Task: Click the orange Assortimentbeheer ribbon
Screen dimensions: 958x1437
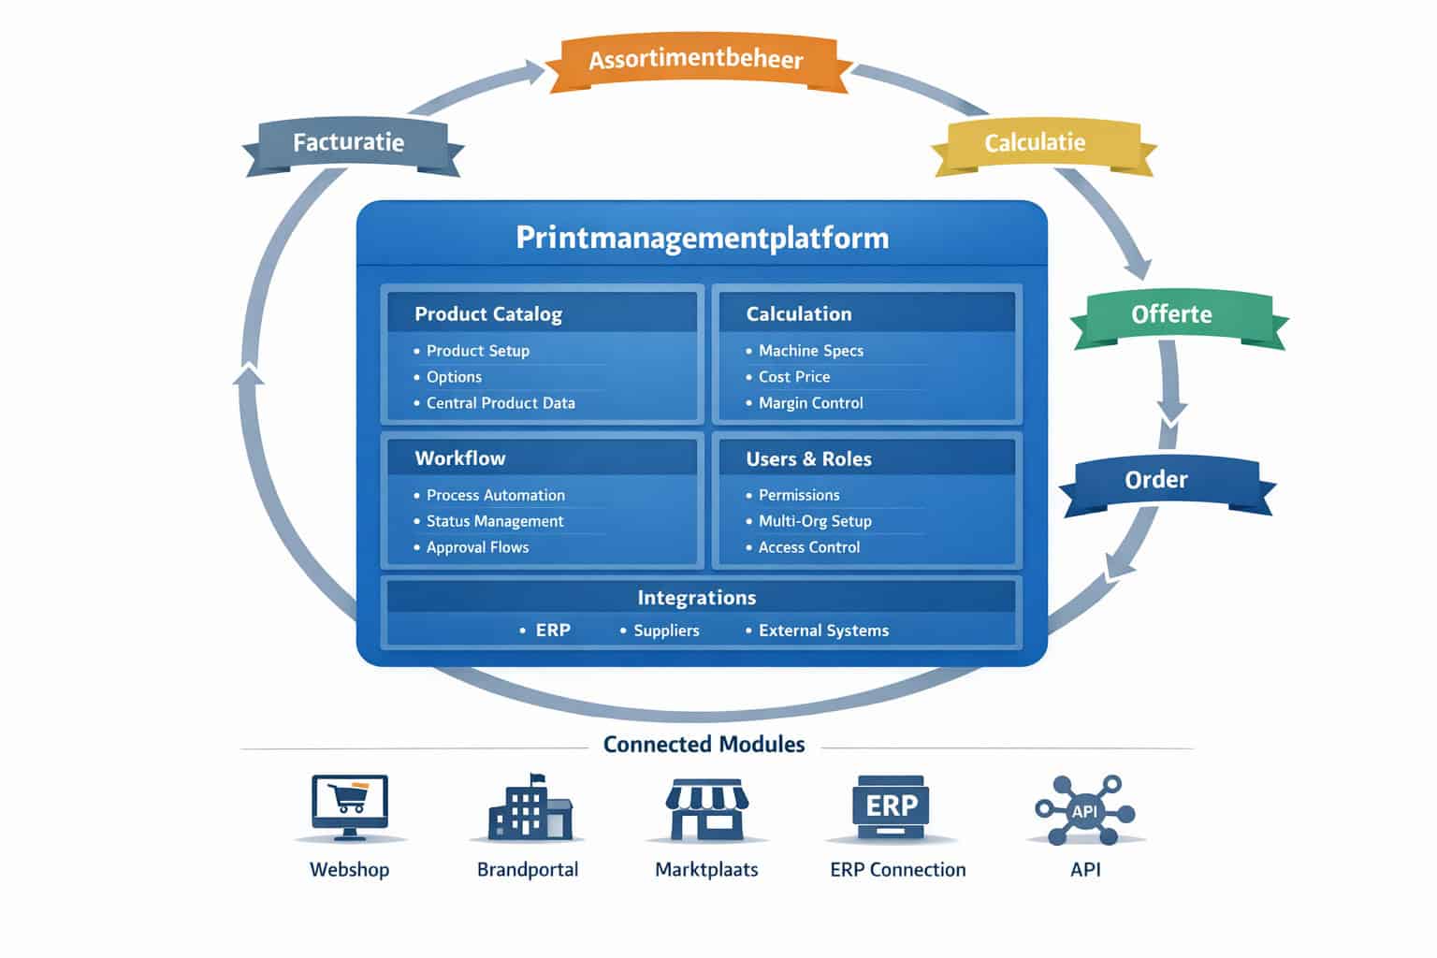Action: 696,61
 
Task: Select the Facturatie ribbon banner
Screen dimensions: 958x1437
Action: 349,143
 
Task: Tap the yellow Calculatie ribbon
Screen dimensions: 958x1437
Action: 1035,143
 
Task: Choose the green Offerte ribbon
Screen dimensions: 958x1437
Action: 1171,314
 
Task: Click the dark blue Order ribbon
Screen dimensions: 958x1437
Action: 1156,480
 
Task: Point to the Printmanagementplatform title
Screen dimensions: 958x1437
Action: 702,238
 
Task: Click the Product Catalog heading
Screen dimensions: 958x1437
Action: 488,314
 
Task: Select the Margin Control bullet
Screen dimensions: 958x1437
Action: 810,403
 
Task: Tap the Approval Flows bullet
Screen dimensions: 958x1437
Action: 477,547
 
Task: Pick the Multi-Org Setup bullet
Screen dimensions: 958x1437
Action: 814,521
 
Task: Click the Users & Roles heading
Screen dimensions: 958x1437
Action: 808,459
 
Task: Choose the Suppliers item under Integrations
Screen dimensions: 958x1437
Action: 666,631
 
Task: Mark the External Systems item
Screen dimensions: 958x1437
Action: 823,631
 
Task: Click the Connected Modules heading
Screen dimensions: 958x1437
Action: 704,745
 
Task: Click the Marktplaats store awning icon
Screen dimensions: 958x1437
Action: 706,808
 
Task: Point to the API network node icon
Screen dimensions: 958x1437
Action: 1084,810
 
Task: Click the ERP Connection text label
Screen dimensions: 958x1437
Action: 897,870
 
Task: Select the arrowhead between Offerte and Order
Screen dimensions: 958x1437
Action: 1171,411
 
